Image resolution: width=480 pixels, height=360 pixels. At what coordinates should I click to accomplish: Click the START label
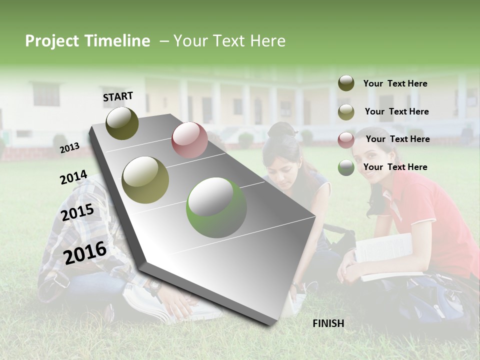(x=118, y=96)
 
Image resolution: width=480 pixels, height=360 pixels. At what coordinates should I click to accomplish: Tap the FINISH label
(x=328, y=323)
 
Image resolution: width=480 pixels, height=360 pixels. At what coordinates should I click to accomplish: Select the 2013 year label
(x=69, y=147)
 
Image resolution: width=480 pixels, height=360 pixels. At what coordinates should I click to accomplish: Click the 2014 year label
(x=73, y=177)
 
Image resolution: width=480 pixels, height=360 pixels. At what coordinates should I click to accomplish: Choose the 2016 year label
(x=85, y=252)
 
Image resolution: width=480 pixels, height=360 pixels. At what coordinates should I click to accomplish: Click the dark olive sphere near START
(x=122, y=123)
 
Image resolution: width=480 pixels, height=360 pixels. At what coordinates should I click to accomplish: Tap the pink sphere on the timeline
(x=189, y=139)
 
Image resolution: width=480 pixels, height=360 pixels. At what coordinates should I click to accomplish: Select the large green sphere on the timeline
(x=216, y=207)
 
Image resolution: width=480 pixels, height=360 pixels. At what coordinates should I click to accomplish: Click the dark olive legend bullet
(x=346, y=83)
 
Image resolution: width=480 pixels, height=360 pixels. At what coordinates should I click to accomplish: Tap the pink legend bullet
(x=346, y=139)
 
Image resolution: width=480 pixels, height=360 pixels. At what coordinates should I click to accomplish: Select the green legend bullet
(x=346, y=167)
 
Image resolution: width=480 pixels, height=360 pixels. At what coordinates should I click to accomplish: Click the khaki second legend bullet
(x=346, y=112)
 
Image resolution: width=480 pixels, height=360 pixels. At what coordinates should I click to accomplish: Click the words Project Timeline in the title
(x=87, y=41)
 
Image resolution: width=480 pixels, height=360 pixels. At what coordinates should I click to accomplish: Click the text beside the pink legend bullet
(x=397, y=139)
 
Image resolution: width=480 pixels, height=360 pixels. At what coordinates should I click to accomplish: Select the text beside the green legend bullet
(x=395, y=167)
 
